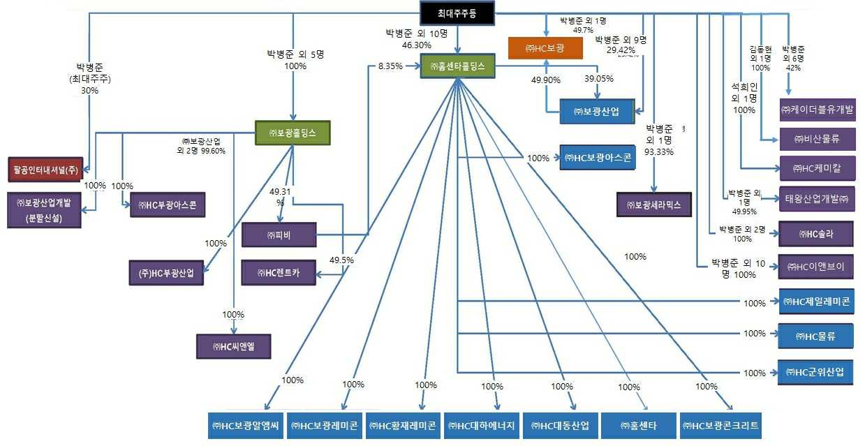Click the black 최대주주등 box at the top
[x=457, y=13]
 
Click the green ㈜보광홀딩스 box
[x=292, y=133]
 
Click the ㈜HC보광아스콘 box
[x=598, y=158]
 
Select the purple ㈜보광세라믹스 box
[x=654, y=205]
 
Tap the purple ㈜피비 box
[x=279, y=235]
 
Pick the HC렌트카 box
[x=279, y=273]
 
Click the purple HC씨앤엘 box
[x=233, y=345]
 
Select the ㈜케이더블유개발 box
[x=817, y=110]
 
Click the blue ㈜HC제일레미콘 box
[x=816, y=302]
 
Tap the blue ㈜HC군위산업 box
[x=816, y=372]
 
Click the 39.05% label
[x=598, y=79]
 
